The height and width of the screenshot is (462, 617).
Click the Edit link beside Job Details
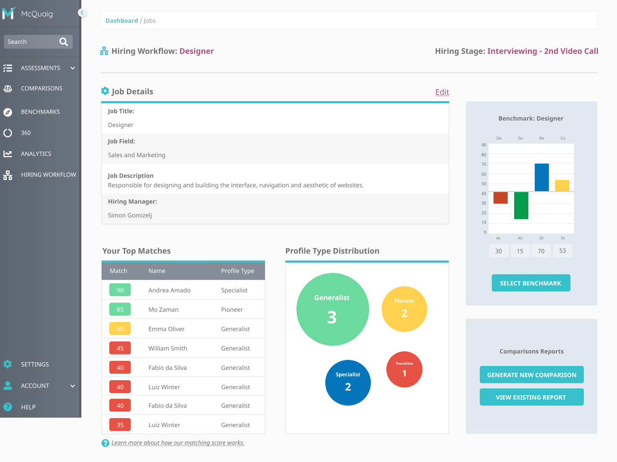coord(442,92)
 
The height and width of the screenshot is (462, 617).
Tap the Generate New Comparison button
coord(531,375)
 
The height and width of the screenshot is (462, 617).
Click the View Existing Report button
coord(531,397)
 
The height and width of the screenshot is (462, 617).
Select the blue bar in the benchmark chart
coord(542,177)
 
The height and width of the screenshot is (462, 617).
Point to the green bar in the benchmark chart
coord(521,205)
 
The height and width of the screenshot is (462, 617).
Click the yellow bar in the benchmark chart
coord(562,186)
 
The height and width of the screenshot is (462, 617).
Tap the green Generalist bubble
coord(333,309)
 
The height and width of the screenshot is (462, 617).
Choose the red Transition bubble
coord(404,369)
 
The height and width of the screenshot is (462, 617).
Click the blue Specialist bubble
coord(348,382)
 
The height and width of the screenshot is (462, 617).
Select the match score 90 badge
coord(120,290)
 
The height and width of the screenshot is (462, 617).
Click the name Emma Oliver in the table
coord(167,329)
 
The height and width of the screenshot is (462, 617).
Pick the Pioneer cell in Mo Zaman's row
coord(232,310)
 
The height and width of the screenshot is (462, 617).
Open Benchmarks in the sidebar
coord(40,112)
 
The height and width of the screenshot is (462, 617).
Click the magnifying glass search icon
coord(64,42)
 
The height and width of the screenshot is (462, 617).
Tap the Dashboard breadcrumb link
coord(122,21)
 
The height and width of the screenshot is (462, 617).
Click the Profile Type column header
coord(238,271)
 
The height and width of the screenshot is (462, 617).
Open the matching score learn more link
coord(178,443)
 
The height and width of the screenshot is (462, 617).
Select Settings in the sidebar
coord(34,364)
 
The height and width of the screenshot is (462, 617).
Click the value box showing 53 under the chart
coord(562,251)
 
